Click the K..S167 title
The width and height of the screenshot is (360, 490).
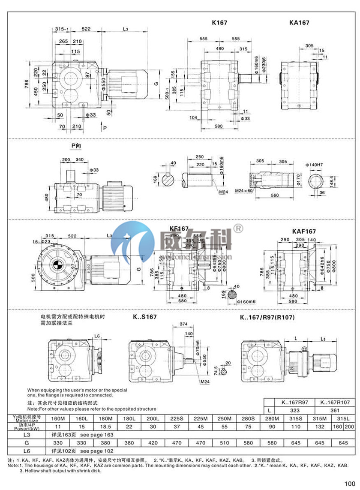(x=144, y=317)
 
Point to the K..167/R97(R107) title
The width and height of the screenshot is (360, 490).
(x=266, y=317)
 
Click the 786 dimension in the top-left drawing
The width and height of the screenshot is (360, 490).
(x=26, y=82)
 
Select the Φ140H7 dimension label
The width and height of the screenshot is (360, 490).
(x=314, y=165)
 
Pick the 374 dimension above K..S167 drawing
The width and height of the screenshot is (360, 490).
(x=184, y=324)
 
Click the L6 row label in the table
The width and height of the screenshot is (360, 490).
(x=27, y=451)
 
